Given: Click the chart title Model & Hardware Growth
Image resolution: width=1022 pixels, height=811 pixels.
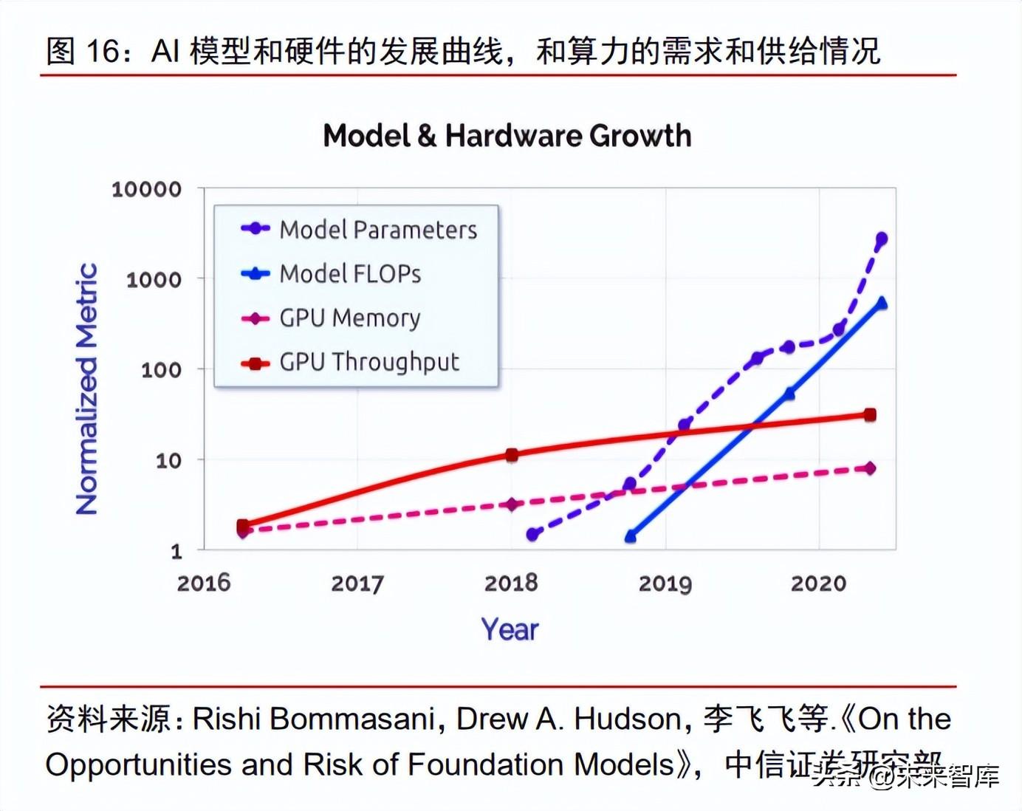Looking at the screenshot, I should click(x=507, y=136).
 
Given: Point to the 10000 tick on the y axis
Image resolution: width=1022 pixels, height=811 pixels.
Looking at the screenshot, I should click(x=146, y=190).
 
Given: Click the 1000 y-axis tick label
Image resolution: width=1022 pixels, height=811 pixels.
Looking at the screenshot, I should click(x=154, y=280).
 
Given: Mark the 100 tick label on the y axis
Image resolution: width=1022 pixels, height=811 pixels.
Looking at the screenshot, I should click(x=161, y=370).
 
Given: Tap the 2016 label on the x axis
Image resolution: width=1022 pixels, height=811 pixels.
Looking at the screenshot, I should click(x=204, y=583).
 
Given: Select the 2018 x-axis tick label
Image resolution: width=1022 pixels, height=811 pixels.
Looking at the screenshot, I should click(x=511, y=583).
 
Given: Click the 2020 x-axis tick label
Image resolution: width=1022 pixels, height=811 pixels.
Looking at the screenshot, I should click(x=818, y=583).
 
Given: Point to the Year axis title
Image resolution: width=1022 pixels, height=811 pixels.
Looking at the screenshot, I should click(x=510, y=629).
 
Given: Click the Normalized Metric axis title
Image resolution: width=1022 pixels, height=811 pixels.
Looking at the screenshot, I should click(x=87, y=389).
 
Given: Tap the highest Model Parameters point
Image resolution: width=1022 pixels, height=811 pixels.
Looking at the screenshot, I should click(x=881, y=239).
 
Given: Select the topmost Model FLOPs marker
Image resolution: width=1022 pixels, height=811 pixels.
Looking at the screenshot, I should click(x=881, y=303).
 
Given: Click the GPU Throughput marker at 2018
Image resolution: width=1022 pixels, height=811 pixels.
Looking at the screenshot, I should click(x=512, y=455).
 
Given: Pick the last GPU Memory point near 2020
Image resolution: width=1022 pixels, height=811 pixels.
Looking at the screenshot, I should click(x=870, y=468).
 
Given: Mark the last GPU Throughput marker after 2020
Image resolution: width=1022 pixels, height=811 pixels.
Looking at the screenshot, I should click(x=870, y=415).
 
